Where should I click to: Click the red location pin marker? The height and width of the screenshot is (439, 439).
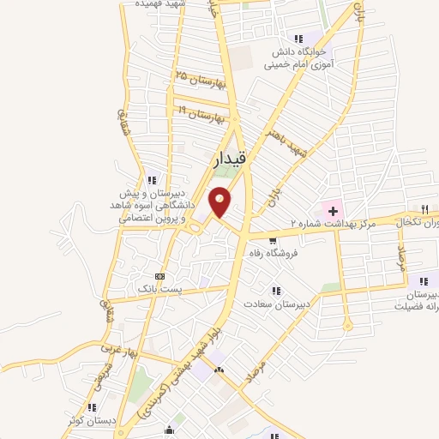[221, 201]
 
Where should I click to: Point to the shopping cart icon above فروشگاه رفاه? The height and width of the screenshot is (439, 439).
[273, 240]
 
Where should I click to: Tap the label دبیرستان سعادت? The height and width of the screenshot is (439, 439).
[275, 304]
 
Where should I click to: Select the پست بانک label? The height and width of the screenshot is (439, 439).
[159, 292]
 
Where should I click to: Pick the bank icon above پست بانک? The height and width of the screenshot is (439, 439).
[159, 276]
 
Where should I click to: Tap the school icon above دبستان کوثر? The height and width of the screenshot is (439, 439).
[92, 406]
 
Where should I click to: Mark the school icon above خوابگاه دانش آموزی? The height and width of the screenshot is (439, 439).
[298, 39]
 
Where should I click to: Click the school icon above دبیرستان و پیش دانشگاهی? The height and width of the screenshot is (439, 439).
[152, 180]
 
